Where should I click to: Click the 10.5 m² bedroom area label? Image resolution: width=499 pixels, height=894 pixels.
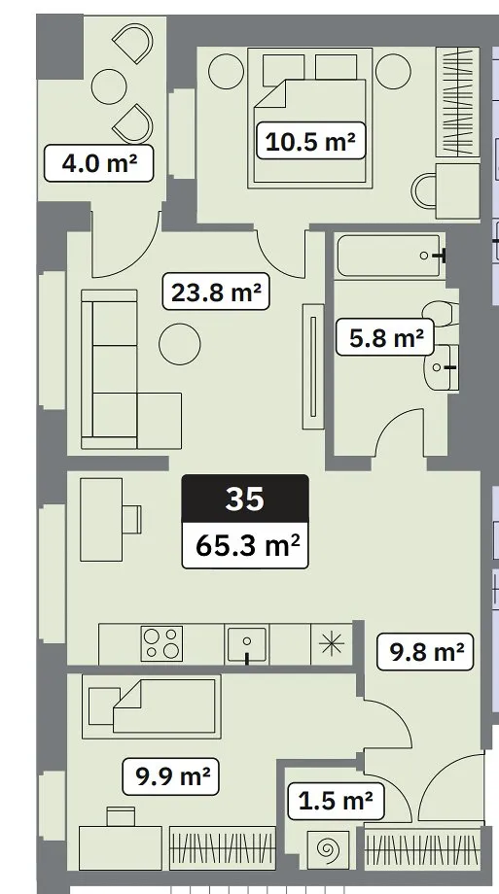coord(310,141)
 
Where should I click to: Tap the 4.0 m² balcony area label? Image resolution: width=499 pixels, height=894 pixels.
coord(99,163)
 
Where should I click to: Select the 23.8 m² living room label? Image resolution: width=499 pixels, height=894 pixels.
coord(216,292)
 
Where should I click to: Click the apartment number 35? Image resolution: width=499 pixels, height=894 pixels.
coord(245,499)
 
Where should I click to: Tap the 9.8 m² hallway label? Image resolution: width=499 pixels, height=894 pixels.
coord(426,651)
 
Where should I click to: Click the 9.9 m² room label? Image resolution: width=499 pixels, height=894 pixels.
coord(171,776)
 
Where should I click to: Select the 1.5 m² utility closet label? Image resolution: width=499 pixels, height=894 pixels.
coord(336,801)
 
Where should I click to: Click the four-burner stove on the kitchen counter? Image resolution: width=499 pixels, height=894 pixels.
coord(162,643)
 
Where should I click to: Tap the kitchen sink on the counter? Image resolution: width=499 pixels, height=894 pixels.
coord(247,644)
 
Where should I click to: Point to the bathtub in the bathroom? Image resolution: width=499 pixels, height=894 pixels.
coord(389,256)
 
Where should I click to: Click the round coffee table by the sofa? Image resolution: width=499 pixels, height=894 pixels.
coord(180,344)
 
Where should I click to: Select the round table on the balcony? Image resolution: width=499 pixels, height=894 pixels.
coord(109,86)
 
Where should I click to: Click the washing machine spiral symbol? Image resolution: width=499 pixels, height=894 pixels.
coord(328,850)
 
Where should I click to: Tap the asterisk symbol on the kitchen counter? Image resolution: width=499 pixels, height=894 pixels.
coord(331,643)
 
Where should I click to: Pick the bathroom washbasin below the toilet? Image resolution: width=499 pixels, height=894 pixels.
coord(441,367)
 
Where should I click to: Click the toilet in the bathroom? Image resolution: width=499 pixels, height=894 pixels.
coord(441,314)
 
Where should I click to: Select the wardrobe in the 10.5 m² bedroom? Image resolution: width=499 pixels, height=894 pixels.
coord(457,102)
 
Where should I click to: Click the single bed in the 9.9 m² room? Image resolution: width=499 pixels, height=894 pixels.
coord(152,706)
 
